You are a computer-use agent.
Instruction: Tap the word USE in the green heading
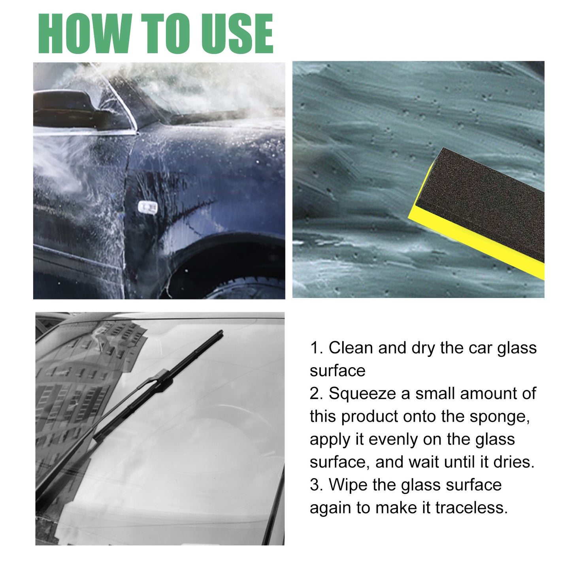coord(237,34)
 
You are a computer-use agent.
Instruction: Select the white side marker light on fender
coord(147,206)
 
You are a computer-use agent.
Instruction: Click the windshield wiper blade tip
coord(220,333)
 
